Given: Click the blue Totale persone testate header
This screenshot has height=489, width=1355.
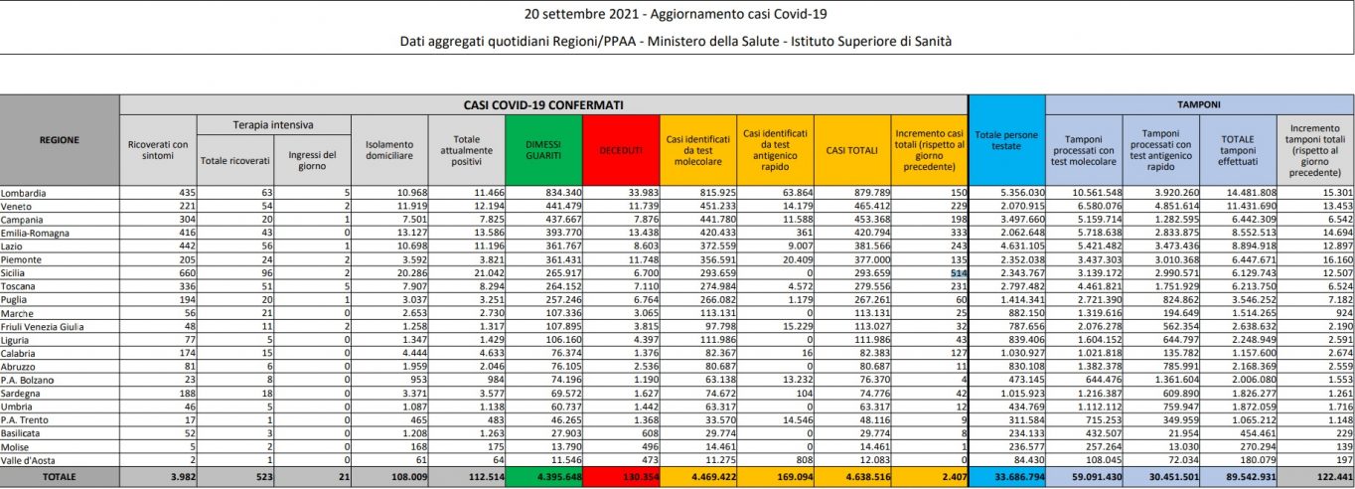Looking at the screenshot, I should [1006, 139].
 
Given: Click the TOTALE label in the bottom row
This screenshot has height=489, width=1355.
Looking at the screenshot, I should [60, 478].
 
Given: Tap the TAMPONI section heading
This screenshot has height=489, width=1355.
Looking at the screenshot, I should [1200, 103].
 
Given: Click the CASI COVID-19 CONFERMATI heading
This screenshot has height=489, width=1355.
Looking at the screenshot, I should [542, 103].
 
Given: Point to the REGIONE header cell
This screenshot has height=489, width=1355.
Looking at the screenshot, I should [60, 140].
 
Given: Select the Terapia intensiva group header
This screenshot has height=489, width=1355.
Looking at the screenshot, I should [272, 124].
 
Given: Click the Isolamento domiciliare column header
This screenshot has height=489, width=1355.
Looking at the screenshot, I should [388, 149].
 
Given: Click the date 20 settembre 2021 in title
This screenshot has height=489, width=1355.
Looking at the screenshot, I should [584, 14].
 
